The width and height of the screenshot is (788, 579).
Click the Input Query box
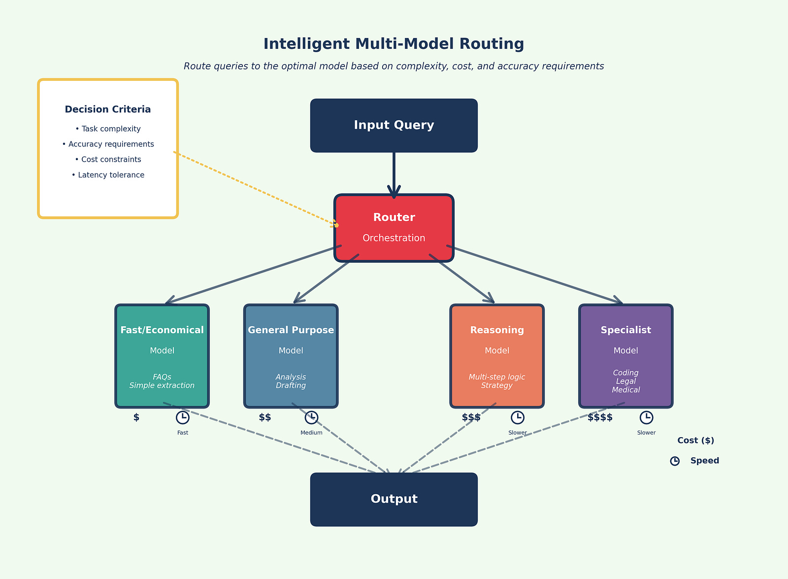[394, 125]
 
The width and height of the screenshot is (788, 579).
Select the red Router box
[394, 228]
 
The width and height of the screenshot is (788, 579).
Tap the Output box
[394, 499]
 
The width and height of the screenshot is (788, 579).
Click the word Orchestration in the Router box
[394, 238]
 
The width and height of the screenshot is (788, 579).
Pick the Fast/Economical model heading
[162, 330]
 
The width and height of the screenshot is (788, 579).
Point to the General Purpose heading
[291, 330]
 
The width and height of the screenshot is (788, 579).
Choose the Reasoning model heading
[497, 330]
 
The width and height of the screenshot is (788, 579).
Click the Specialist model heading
[625, 330]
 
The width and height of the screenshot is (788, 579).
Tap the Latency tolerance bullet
[108, 175]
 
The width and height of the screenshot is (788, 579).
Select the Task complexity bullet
[108, 129]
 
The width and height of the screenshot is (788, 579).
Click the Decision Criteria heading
[108, 109]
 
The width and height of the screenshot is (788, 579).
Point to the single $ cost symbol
[136, 417]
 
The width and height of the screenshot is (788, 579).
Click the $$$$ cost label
[600, 417]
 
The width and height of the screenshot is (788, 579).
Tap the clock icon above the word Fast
[183, 417]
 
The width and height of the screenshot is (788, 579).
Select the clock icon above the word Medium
[311, 417]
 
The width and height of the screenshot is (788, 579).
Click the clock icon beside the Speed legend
[675, 461]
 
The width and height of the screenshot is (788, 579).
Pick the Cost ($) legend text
[695, 441]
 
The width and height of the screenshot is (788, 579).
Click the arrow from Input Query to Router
[394, 172]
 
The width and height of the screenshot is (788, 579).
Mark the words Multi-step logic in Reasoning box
[497, 377]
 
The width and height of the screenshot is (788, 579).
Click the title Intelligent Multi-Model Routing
[394, 44]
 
